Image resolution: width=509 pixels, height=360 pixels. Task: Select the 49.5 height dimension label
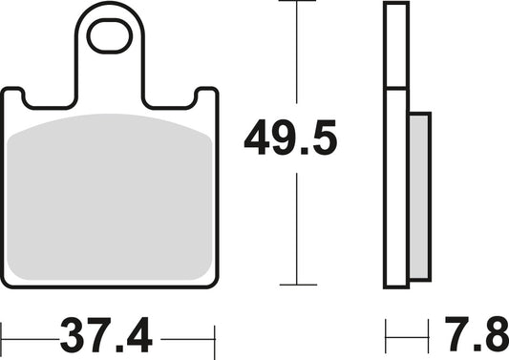[290, 139]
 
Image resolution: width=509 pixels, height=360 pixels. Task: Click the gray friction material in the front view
[109, 196]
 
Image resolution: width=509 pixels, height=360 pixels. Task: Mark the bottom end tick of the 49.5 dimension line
[298, 285]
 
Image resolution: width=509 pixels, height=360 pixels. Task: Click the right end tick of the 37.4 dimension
[215, 337]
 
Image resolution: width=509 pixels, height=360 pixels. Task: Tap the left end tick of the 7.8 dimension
[386, 337]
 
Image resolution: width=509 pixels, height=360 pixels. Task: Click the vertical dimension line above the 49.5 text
[298, 57]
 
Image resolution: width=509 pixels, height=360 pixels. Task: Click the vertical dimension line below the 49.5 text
[298, 229]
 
